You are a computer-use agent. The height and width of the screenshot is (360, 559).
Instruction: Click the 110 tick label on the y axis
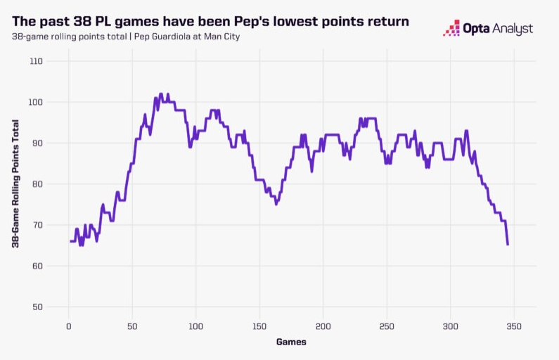pos(36,62)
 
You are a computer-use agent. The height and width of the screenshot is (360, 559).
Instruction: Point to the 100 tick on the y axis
pos(36,103)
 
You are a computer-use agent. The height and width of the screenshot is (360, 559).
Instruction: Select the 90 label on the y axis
pos(37,143)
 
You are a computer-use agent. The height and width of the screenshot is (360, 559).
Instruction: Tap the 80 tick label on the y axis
pos(37,184)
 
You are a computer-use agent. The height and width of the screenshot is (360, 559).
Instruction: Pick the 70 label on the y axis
pos(37,225)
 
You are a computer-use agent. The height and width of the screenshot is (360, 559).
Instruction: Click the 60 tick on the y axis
pos(37,266)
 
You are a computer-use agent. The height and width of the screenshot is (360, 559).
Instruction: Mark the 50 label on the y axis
pos(37,307)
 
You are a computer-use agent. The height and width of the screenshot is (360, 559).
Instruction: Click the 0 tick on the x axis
pos(68,326)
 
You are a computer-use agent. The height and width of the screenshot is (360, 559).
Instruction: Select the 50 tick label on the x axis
pos(132,326)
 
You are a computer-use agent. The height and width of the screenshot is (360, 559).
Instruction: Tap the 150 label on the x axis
pos(259,326)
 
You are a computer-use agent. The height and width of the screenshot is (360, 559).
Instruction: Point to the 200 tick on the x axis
pos(323,326)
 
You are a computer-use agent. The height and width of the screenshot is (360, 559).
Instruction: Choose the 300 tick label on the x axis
pos(451,326)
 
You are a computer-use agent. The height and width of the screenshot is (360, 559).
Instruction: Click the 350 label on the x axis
pos(515,326)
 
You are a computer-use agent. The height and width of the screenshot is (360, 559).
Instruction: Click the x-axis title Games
pos(290,342)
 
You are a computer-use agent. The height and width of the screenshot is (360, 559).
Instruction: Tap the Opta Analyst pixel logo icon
pos(451,29)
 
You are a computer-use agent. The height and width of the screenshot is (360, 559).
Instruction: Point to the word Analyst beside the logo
pos(511,29)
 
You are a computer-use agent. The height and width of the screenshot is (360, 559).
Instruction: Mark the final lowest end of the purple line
pos(508,244)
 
